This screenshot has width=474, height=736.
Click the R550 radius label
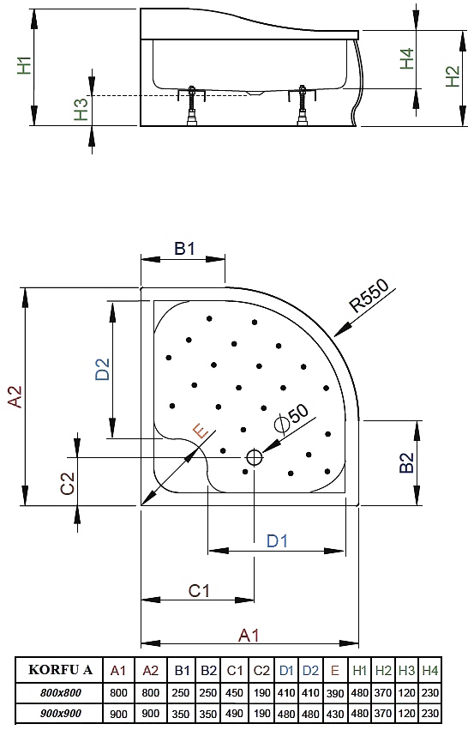[x=369, y=295]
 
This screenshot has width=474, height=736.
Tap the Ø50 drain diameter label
[x=291, y=417]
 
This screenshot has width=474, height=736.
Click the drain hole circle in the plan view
[x=254, y=456]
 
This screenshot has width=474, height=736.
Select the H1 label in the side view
[x=24, y=65]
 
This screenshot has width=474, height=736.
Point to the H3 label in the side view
[x=81, y=109]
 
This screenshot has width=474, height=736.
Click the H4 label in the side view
[x=407, y=58]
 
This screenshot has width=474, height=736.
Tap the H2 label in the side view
[x=452, y=76]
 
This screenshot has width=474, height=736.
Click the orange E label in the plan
[x=201, y=431]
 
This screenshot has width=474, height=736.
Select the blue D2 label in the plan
[x=102, y=369]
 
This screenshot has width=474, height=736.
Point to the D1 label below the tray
[x=277, y=540]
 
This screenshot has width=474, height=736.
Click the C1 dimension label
[x=199, y=590]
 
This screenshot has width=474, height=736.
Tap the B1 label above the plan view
[x=184, y=248]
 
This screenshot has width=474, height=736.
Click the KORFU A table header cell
[x=61, y=669]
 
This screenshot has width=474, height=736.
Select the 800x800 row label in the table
[x=61, y=692]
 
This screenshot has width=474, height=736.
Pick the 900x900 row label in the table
[x=61, y=714]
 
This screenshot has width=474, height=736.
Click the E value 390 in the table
[x=335, y=693]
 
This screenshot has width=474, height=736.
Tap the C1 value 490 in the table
[x=234, y=714]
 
